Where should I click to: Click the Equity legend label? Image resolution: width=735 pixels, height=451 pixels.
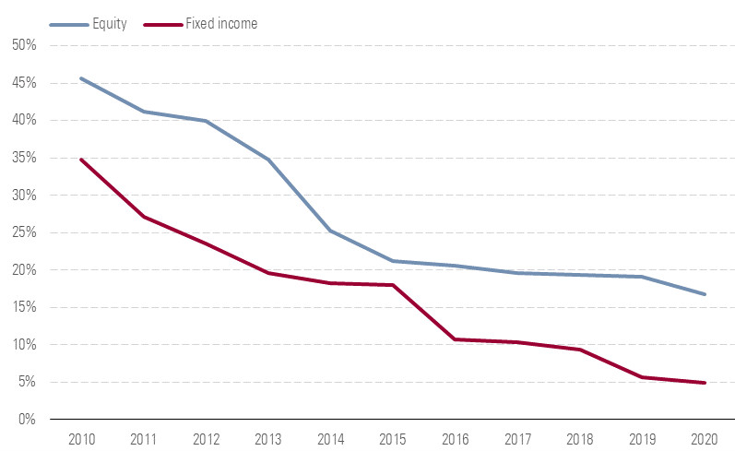pyautogui.click(x=111, y=24)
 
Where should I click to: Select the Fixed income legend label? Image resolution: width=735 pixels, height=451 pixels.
pyautogui.click(x=220, y=24)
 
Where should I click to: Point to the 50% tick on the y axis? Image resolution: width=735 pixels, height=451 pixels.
pyautogui.click(x=24, y=45)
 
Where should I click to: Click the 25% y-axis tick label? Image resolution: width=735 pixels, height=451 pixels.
pyautogui.click(x=24, y=232)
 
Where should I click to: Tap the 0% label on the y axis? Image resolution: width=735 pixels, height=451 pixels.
pyautogui.click(x=27, y=420)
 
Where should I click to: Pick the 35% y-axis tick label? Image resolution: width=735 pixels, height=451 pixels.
pyautogui.click(x=24, y=158)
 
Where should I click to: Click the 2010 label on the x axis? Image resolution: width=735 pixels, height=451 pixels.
pyautogui.click(x=80, y=438)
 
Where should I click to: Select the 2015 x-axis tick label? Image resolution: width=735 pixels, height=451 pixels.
pyautogui.click(x=393, y=438)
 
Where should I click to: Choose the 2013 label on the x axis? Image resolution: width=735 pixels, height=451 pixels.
pyautogui.click(x=267, y=438)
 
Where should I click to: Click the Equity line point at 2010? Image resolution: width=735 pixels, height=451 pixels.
pyautogui.click(x=80, y=78)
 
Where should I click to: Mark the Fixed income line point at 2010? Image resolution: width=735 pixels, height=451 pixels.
pyautogui.click(x=80, y=160)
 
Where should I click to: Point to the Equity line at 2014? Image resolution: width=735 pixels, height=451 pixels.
pyautogui.click(x=330, y=230)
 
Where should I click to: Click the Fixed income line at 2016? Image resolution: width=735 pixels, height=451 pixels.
pyautogui.click(x=456, y=339)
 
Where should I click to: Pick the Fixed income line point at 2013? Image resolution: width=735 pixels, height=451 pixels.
pyautogui.click(x=267, y=273)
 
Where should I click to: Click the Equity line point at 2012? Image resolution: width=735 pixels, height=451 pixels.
pyautogui.click(x=205, y=121)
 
